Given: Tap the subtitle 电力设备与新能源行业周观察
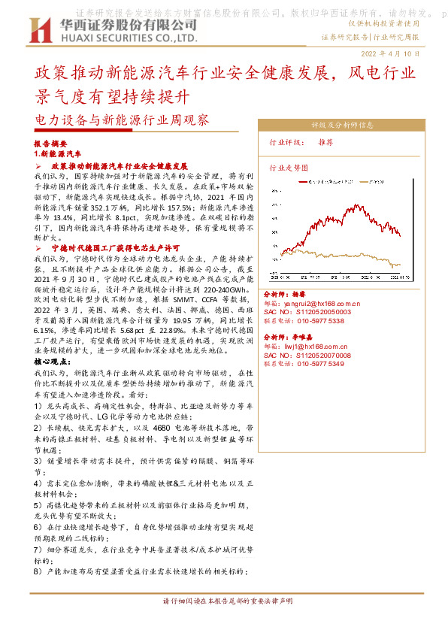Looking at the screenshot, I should [x=122, y=120].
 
